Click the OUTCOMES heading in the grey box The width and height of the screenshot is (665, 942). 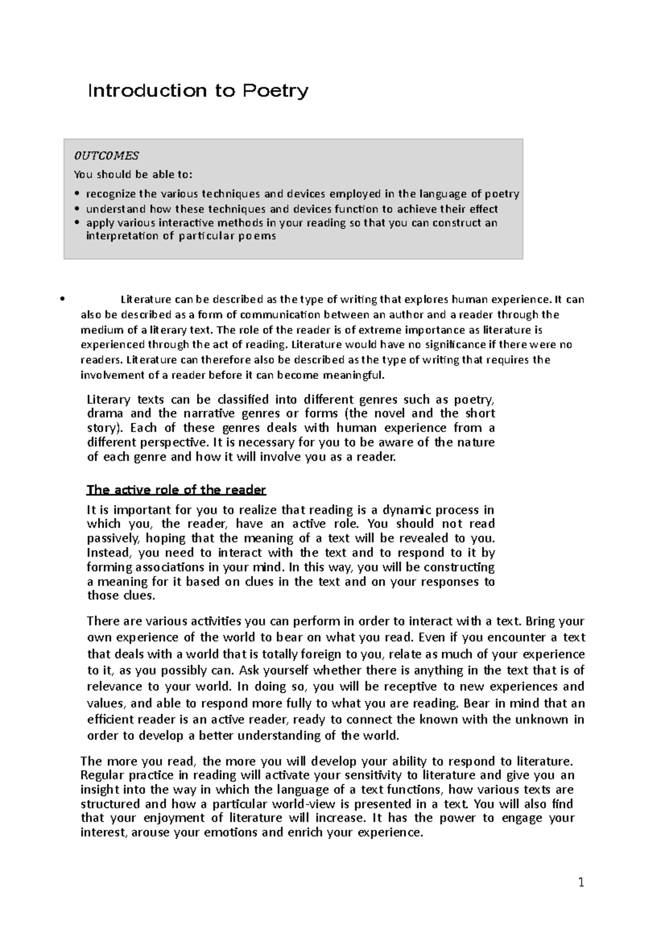[106, 156]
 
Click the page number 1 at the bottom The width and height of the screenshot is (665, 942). [581, 883]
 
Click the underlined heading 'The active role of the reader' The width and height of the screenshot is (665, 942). [176, 490]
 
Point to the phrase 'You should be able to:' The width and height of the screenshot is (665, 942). [133, 175]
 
